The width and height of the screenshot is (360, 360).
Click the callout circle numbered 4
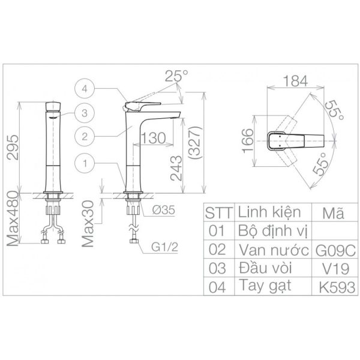[x=85, y=89]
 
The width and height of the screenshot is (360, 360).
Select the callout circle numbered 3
[x=85, y=113]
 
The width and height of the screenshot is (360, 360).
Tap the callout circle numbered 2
[x=85, y=137]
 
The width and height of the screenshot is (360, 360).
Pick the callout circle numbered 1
[x=85, y=163]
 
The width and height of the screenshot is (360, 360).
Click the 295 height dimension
[x=13, y=147]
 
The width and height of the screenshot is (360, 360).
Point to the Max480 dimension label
[x=13, y=218]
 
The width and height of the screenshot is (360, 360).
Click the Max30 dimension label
[x=88, y=224]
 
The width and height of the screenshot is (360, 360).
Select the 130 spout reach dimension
[x=153, y=138]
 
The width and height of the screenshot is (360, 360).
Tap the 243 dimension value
[x=176, y=168]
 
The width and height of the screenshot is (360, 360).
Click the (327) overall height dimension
[x=196, y=143]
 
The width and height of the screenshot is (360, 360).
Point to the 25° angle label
[x=176, y=76]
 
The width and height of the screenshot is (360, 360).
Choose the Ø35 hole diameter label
[x=164, y=210]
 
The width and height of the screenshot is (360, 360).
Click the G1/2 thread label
[x=164, y=247]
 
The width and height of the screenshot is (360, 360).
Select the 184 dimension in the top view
[x=295, y=81]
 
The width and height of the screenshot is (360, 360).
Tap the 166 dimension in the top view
[x=248, y=140]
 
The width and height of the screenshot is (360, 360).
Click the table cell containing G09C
[x=335, y=250]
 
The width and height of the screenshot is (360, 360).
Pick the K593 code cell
[x=335, y=287]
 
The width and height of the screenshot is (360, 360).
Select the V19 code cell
[x=335, y=268]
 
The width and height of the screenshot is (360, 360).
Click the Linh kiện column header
[x=269, y=212]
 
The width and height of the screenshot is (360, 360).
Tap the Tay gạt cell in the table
[x=265, y=286]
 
